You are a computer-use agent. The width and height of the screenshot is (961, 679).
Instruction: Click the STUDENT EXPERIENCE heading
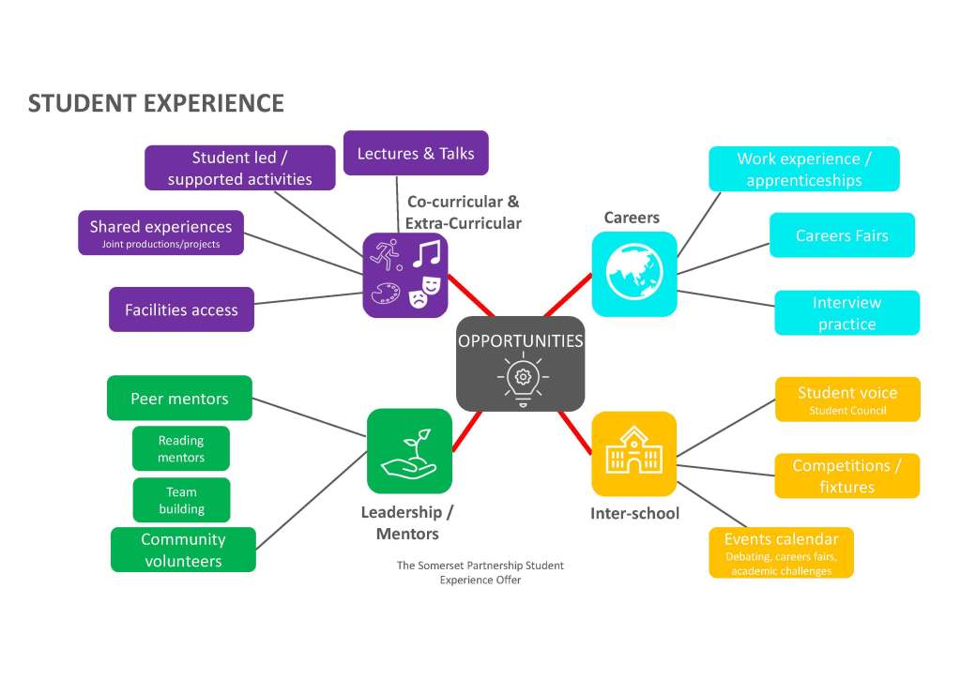click(156, 103)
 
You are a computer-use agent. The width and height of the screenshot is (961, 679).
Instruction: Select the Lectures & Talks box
click(416, 153)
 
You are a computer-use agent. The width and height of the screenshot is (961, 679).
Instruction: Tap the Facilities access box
click(181, 309)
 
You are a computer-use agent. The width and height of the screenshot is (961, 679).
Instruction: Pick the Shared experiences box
click(160, 233)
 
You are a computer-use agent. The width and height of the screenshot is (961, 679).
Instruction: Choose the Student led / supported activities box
click(239, 168)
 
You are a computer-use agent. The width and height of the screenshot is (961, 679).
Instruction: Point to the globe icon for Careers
click(633, 273)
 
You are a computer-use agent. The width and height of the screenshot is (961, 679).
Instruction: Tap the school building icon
click(633, 453)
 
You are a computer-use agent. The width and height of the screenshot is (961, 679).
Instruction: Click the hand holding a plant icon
click(408, 451)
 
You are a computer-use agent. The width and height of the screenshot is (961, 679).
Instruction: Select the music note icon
click(427, 252)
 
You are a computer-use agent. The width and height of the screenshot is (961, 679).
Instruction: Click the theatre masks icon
click(423, 292)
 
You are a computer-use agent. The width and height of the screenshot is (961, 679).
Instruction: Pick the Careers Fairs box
click(842, 235)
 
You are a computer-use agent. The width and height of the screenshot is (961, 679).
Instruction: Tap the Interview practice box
click(847, 313)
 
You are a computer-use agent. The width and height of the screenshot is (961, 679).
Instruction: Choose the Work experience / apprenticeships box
click(803, 169)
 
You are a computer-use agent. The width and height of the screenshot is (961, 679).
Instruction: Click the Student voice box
click(847, 400)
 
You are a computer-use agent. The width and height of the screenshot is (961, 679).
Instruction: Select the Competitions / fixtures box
click(847, 476)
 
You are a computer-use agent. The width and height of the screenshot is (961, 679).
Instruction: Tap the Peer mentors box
click(179, 399)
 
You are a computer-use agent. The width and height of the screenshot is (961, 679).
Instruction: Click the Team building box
click(181, 500)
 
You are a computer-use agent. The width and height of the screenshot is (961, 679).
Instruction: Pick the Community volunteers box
click(183, 551)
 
